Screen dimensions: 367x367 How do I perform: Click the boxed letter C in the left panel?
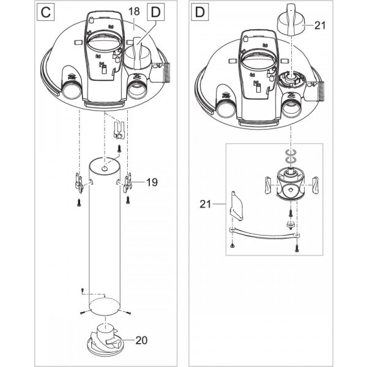(46, 12)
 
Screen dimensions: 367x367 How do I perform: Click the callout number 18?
(134, 11)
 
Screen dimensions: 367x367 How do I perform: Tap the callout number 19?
(152, 182)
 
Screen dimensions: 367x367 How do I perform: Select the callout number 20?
(141, 340)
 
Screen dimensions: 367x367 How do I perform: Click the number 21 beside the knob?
(320, 25)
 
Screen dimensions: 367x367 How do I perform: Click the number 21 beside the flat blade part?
(206, 204)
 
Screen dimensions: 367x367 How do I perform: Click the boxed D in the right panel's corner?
(199, 12)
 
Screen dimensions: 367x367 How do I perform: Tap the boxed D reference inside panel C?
(155, 12)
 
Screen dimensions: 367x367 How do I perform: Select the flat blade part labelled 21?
(237, 206)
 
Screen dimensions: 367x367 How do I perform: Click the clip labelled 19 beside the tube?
(127, 183)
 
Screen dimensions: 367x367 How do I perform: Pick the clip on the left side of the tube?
(80, 183)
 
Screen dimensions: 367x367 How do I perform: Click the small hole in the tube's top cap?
(105, 168)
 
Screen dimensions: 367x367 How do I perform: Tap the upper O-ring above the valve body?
(291, 152)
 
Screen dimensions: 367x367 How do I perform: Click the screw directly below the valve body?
(291, 213)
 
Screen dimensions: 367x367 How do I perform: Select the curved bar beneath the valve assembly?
(264, 234)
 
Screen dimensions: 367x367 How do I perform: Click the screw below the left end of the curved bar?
(232, 245)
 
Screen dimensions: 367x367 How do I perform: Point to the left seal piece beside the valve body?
(268, 185)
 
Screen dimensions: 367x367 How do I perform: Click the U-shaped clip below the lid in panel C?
(119, 131)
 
